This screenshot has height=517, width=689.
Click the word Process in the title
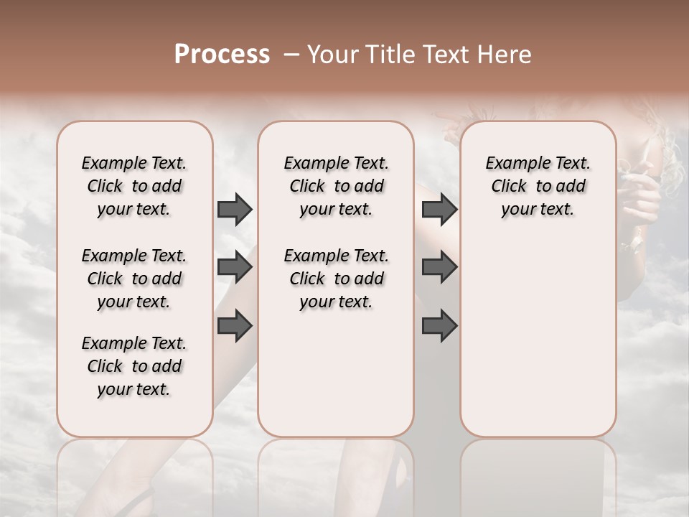point(222,55)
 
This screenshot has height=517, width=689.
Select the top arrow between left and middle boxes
point(235,209)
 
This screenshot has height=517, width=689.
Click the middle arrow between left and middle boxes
point(235,268)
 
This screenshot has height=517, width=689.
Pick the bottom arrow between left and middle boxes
point(235,326)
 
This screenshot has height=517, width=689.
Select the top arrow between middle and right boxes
point(439,209)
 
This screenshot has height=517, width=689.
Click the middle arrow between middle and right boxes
point(439,268)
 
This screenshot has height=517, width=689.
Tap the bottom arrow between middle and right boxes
point(439,326)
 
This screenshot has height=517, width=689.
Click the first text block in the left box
point(134,186)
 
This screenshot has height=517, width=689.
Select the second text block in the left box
point(134,279)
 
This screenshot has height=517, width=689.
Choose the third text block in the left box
point(134,366)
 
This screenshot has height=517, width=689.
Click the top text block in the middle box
point(336,186)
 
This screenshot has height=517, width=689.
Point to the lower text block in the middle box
point(336,279)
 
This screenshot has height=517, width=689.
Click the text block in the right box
point(538,186)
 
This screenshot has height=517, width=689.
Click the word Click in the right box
point(509,187)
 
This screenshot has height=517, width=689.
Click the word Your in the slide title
point(329,55)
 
